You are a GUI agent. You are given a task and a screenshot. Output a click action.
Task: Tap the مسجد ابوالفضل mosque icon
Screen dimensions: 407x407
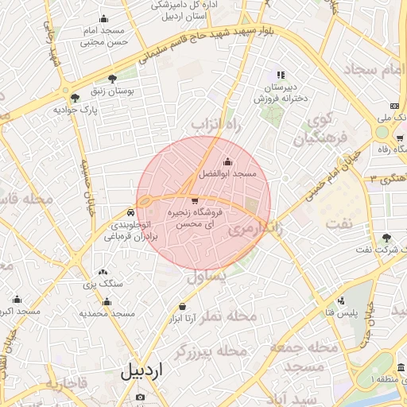(x=228, y=162)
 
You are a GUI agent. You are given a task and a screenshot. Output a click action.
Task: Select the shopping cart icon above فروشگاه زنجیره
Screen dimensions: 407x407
(x=195, y=200)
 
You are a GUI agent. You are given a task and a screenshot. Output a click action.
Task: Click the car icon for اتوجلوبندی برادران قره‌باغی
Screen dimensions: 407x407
(x=130, y=213)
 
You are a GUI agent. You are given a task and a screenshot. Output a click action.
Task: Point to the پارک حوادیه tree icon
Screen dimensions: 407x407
(x=75, y=98)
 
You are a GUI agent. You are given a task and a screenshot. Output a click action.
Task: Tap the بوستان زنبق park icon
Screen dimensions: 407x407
(x=112, y=78)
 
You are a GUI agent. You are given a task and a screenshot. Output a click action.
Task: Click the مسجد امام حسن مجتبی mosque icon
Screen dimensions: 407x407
(x=104, y=19)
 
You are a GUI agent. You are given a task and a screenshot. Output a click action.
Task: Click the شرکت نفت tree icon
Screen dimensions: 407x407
(x=386, y=238)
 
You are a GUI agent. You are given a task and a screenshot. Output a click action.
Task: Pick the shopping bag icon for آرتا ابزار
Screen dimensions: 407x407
(x=183, y=306)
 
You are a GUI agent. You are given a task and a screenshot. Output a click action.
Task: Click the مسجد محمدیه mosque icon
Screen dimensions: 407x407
(x=107, y=301)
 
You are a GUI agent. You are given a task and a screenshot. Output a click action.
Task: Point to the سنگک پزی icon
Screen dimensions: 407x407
(x=102, y=272)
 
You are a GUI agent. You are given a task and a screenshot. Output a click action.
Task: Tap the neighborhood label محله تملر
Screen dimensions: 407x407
(x=231, y=316)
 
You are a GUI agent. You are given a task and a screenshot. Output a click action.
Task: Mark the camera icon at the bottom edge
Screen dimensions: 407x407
(x=141, y=397)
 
